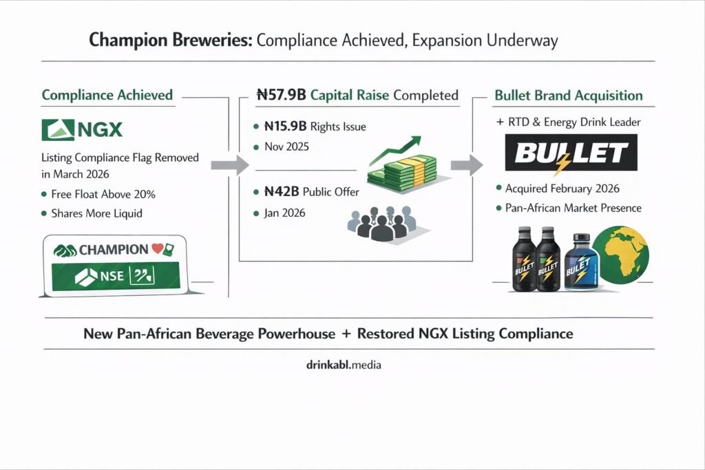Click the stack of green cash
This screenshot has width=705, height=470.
(x=401, y=171)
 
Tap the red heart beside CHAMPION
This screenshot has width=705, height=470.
(x=157, y=249)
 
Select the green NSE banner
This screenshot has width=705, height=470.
(x=114, y=277)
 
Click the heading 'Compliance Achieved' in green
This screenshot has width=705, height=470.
(x=107, y=95)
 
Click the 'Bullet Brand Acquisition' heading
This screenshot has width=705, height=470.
(x=569, y=95)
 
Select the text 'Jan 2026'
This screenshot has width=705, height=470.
(x=284, y=213)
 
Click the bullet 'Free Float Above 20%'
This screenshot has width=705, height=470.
(x=101, y=194)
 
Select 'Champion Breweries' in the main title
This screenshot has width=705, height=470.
(x=170, y=41)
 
